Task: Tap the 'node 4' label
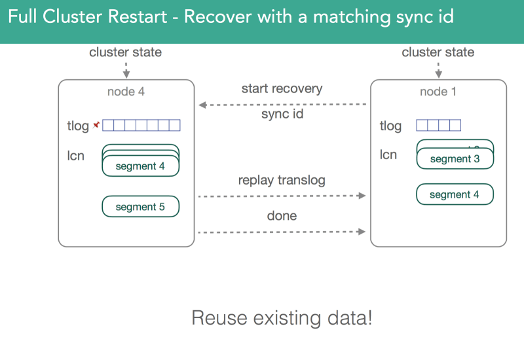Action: [x=126, y=92]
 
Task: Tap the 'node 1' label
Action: [x=438, y=92]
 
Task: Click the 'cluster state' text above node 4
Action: [x=125, y=52]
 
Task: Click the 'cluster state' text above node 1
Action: [x=438, y=52]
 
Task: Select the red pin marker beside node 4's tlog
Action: [x=96, y=124]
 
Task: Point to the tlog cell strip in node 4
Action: [x=141, y=125]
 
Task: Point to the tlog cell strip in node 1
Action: [x=438, y=125]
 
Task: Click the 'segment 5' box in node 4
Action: [x=140, y=207]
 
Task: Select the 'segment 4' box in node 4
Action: [x=140, y=166]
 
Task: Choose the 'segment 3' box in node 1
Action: [x=455, y=159]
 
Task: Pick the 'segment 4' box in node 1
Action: [x=455, y=194]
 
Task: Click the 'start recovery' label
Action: [x=282, y=88]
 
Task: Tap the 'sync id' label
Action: [x=282, y=114]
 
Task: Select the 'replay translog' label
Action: [x=282, y=180]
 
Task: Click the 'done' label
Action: [x=282, y=215]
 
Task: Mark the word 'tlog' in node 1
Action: [x=390, y=126]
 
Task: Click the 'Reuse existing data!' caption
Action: [x=282, y=319]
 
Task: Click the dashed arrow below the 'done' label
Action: [x=282, y=232]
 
